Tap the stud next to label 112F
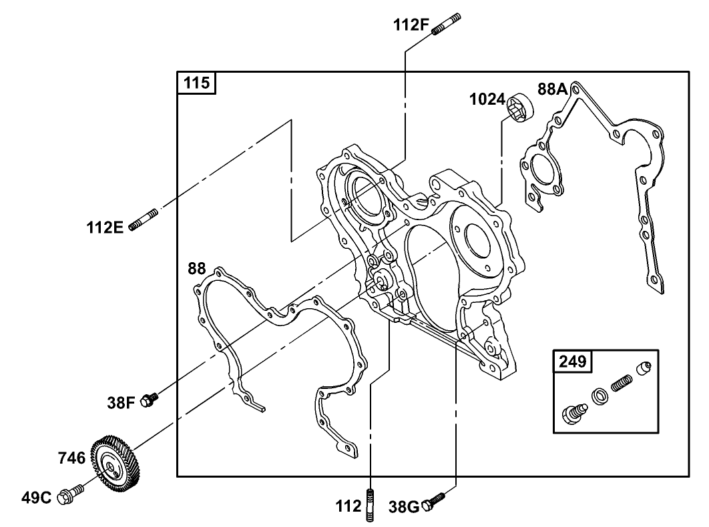(x=447, y=23)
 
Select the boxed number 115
(x=196, y=83)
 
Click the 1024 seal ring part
(x=521, y=107)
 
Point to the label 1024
(x=487, y=99)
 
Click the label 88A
(x=553, y=89)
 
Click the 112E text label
(x=105, y=227)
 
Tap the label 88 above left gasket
(x=197, y=269)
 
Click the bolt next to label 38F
(x=152, y=398)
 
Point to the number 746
(x=71, y=458)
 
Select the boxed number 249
(x=573, y=362)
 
